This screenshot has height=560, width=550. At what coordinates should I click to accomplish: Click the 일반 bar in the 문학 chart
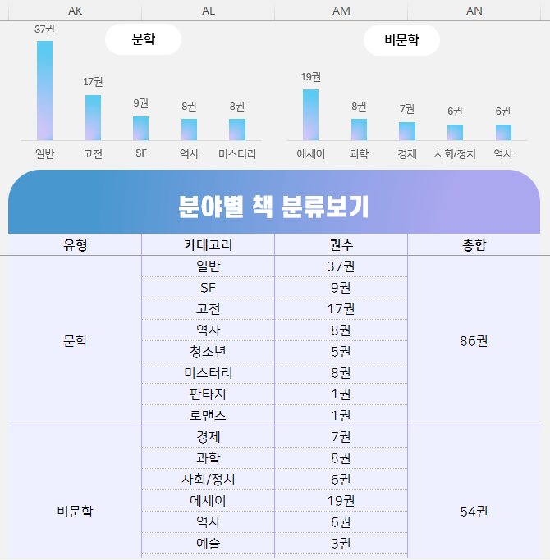point(44,91)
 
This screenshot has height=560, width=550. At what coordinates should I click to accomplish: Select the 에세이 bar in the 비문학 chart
point(310,115)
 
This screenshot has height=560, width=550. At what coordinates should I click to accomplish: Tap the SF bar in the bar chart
point(140,129)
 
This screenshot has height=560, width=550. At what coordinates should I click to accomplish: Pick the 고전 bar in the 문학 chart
point(93,118)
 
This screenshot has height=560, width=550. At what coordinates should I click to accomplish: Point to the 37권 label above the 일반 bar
point(44,30)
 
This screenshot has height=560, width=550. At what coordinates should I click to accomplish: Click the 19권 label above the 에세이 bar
point(310,77)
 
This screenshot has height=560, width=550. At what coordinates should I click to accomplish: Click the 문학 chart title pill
point(143,39)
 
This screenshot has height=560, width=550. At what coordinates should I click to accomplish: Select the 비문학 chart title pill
point(401,39)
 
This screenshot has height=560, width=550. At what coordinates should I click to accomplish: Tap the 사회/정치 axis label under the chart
point(455,153)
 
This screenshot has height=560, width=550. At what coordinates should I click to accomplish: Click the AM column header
point(341,10)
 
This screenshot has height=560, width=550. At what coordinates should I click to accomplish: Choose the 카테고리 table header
point(208,244)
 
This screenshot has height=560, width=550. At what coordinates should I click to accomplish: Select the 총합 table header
point(474,244)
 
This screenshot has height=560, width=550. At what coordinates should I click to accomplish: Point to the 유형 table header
point(75,244)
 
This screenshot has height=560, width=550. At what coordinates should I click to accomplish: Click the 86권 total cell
point(474,341)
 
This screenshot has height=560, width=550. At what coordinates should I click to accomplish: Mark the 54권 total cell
point(474,512)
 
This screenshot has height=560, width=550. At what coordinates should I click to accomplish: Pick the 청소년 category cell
point(208,352)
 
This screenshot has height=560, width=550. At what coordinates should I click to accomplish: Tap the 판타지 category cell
point(208,394)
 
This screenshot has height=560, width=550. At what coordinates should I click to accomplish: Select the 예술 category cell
point(208,543)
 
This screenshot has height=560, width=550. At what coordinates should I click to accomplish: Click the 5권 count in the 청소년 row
point(341,352)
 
